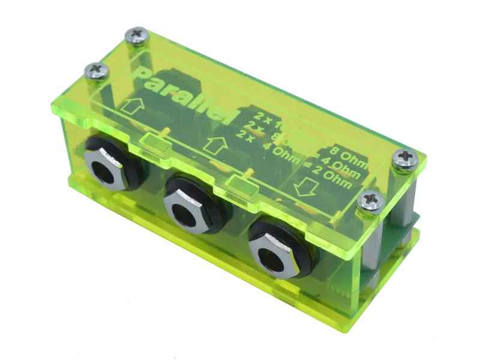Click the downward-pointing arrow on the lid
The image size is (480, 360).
tap(304, 190)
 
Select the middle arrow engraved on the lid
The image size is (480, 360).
tap(215, 145)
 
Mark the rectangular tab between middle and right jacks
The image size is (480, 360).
tap(241, 185)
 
